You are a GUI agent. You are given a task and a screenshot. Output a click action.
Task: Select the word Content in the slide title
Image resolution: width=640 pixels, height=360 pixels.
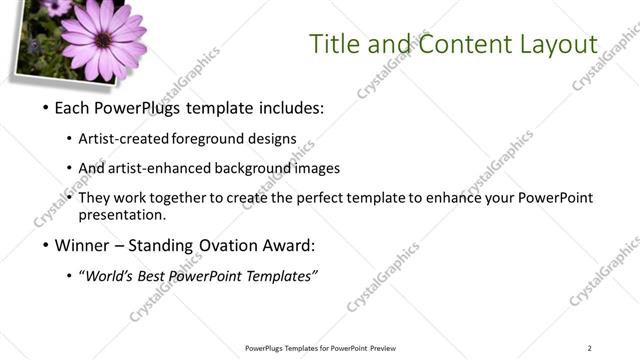click(462, 44)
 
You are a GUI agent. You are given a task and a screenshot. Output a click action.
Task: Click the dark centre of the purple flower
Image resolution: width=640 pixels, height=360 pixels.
click(102, 39)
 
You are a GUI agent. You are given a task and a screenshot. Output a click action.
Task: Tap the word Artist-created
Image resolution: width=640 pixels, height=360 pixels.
click(123, 138)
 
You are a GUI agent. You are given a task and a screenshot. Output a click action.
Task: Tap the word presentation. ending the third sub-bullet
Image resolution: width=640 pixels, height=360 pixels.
click(121, 215)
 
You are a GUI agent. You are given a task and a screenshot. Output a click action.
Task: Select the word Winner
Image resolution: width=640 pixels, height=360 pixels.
click(80, 245)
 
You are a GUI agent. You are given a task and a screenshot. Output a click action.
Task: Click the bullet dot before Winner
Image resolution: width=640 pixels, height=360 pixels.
click(45, 245)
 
